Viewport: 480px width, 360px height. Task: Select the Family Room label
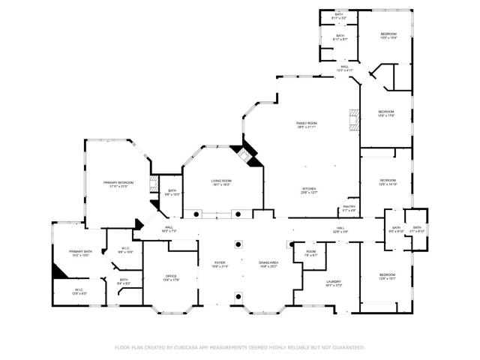[x=306, y=124]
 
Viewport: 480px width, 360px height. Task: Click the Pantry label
[x=349, y=208]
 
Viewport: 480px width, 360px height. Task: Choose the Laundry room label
[x=334, y=283]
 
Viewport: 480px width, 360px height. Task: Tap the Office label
[x=171, y=278]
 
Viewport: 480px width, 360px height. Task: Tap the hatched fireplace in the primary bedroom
[x=152, y=185]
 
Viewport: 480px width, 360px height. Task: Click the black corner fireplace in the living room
[x=247, y=155]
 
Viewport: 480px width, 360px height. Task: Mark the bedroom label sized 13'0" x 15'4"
[x=388, y=35]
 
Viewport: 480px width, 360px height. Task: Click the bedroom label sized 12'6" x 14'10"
[x=388, y=182]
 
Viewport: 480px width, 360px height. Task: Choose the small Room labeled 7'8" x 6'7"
[x=310, y=253]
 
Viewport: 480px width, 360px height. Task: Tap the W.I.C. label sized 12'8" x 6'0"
[x=79, y=291]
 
